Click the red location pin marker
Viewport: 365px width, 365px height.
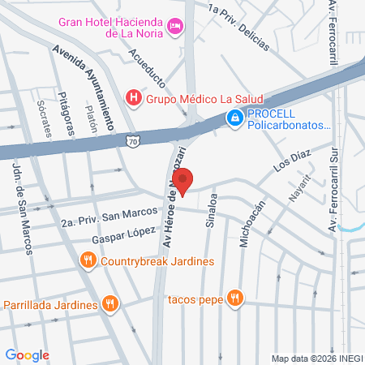point(182,181)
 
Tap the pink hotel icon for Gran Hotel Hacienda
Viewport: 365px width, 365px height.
point(174,28)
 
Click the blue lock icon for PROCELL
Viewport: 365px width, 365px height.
point(234,118)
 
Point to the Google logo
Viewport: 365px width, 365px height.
point(27,354)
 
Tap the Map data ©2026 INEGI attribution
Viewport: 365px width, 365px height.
point(315,358)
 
